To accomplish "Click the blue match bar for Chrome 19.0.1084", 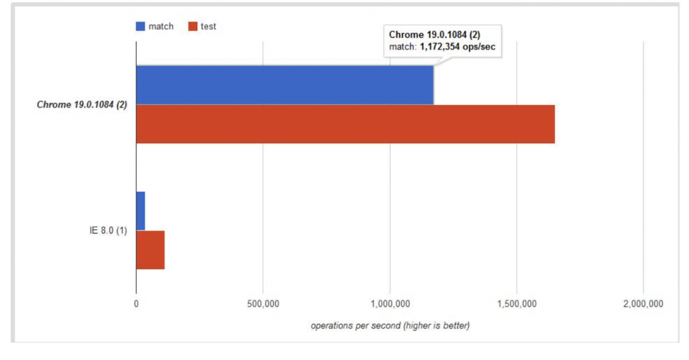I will click(284, 85).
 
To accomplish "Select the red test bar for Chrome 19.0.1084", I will click(345, 124).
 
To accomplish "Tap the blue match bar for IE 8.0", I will click(141, 211).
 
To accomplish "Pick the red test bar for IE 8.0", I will click(150, 250).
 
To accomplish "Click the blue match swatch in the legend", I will click(141, 26).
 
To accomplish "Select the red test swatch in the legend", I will click(192, 26).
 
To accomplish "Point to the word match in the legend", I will click(161, 26).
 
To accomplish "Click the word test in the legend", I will click(208, 26).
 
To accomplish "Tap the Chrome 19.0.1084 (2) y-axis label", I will click(82, 105).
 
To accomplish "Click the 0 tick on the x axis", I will click(136, 304).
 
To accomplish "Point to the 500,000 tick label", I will click(262, 304).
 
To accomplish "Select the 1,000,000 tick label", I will click(390, 304).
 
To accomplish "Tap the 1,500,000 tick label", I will click(516, 304).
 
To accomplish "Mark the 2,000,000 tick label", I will click(643, 304).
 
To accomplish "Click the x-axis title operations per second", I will click(390, 326).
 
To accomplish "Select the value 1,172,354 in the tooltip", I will click(442, 46).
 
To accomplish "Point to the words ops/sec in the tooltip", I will click(480, 46).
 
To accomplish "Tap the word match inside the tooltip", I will click(402, 46).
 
